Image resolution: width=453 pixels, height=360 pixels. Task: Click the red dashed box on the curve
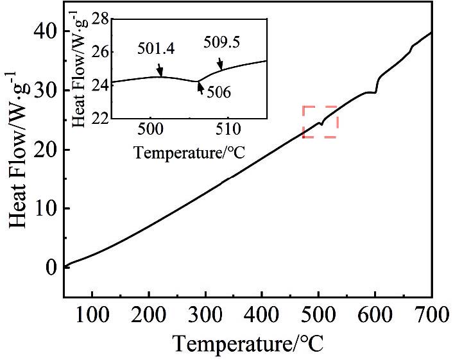click(x=320, y=121)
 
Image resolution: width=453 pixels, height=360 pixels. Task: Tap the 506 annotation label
click(x=219, y=93)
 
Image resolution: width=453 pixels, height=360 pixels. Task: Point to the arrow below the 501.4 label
click(x=158, y=70)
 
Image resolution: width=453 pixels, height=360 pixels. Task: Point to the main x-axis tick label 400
click(x=262, y=314)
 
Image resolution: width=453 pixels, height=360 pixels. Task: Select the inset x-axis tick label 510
click(x=228, y=130)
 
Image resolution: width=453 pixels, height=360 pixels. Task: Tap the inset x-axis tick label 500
click(x=150, y=130)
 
